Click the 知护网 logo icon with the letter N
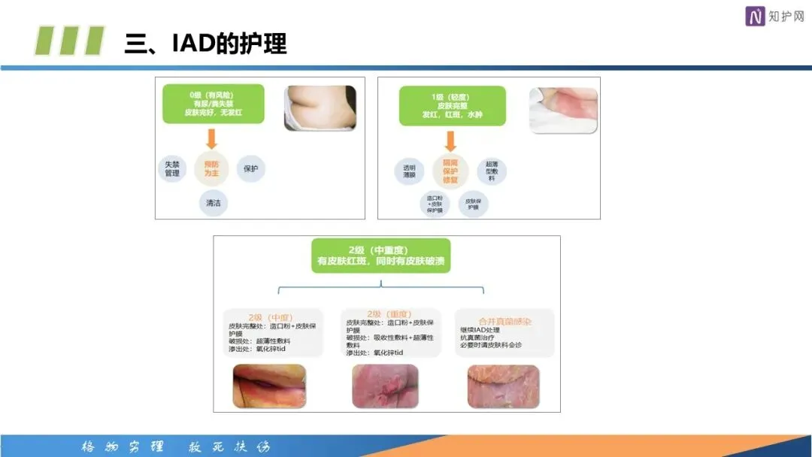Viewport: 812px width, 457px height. coord(755,17)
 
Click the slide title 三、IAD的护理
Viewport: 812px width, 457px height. coord(205,43)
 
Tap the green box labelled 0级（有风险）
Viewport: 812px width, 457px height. coord(214,104)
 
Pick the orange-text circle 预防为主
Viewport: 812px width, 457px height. coord(212,168)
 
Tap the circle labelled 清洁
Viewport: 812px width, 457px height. coord(213,203)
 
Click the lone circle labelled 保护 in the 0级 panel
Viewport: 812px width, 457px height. coord(251,168)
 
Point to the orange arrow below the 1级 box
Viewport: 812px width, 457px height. coord(451,141)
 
